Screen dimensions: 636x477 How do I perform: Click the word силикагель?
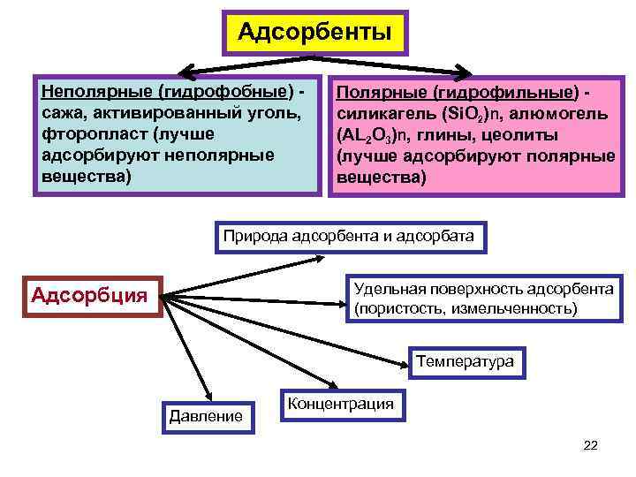click(x=382, y=114)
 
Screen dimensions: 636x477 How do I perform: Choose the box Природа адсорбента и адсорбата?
click(x=349, y=236)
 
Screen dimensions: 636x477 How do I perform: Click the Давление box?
click(x=207, y=414)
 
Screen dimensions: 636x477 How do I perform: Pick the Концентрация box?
click(x=341, y=404)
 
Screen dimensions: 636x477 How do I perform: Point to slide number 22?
click(x=591, y=446)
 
